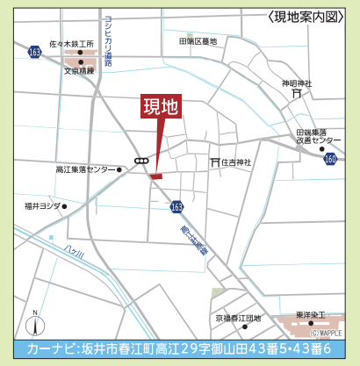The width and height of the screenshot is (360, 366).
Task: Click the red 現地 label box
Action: (161, 106)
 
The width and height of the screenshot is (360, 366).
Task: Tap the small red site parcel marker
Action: (155, 177)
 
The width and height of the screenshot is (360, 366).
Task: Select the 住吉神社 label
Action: (236, 161)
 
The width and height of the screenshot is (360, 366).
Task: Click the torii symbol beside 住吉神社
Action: (214, 161)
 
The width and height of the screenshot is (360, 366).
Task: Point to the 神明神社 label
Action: (297, 83)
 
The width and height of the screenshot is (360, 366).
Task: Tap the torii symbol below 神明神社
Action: (298, 93)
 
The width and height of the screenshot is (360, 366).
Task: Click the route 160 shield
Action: (330, 159)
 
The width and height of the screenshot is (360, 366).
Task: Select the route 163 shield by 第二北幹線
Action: (176, 206)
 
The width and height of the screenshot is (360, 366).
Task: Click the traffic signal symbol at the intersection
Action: (140, 161)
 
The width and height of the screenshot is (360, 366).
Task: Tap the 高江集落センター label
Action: (84, 169)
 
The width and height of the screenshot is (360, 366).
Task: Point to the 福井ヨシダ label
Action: (42, 206)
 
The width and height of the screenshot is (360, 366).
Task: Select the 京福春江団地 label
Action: (238, 319)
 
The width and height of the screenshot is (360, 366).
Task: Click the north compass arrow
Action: (34, 324)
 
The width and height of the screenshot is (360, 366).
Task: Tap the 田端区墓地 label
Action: (198, 40)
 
